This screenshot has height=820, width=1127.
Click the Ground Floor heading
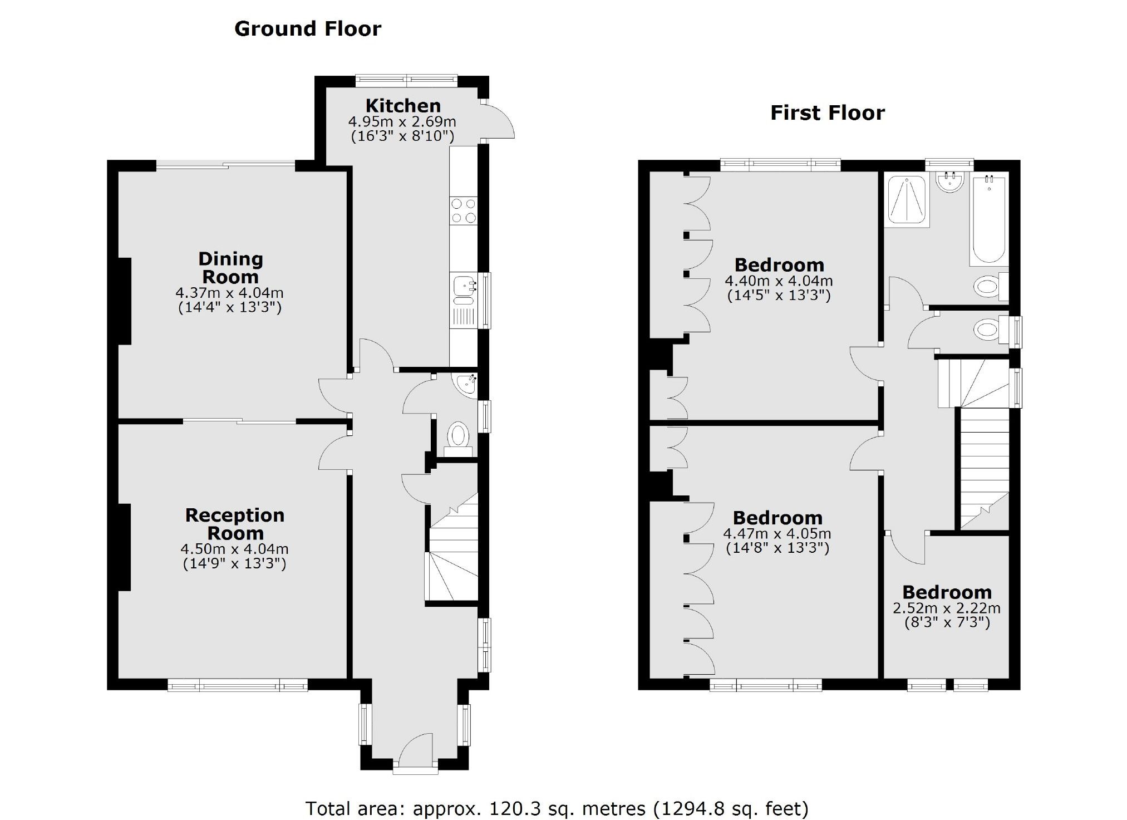tap(308, 28)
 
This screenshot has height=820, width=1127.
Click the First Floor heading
tap(827, 113)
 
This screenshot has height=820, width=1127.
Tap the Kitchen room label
tap(403, 105)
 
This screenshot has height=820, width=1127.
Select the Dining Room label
tap(230, 268)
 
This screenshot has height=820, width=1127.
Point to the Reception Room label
tap(235, 524)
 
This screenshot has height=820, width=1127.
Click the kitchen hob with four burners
tap(464, 210)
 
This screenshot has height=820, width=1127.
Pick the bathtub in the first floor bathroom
tap(989, 220)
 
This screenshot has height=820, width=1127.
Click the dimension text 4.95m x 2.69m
tap(402, 121)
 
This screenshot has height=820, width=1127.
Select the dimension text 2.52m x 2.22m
tap(947, 608)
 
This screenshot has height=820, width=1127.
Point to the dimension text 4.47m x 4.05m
tap(777, 534)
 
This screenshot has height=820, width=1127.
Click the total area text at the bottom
tap(557, 808)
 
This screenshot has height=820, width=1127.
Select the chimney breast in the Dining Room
tap(124, 301)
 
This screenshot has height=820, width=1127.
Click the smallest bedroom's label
tap(947, 592)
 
